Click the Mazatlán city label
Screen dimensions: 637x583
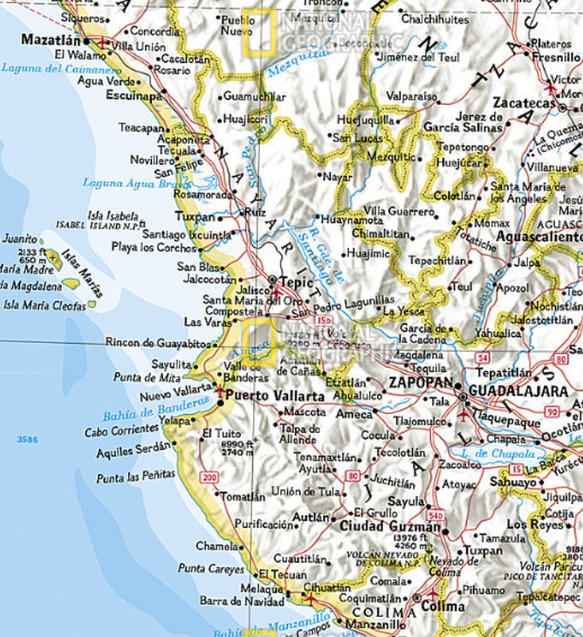(x=51, y=39)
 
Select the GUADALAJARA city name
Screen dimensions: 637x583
(x=519, y=391)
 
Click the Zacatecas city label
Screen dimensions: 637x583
(x=523, y=103)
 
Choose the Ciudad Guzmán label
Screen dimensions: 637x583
(x=390, y=526)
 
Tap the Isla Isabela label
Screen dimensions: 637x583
(x=112, y=215)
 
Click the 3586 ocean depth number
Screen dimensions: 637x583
(x=29, y=438)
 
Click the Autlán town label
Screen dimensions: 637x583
(x=311, y=518)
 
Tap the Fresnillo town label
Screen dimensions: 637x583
(x=555, y=57)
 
